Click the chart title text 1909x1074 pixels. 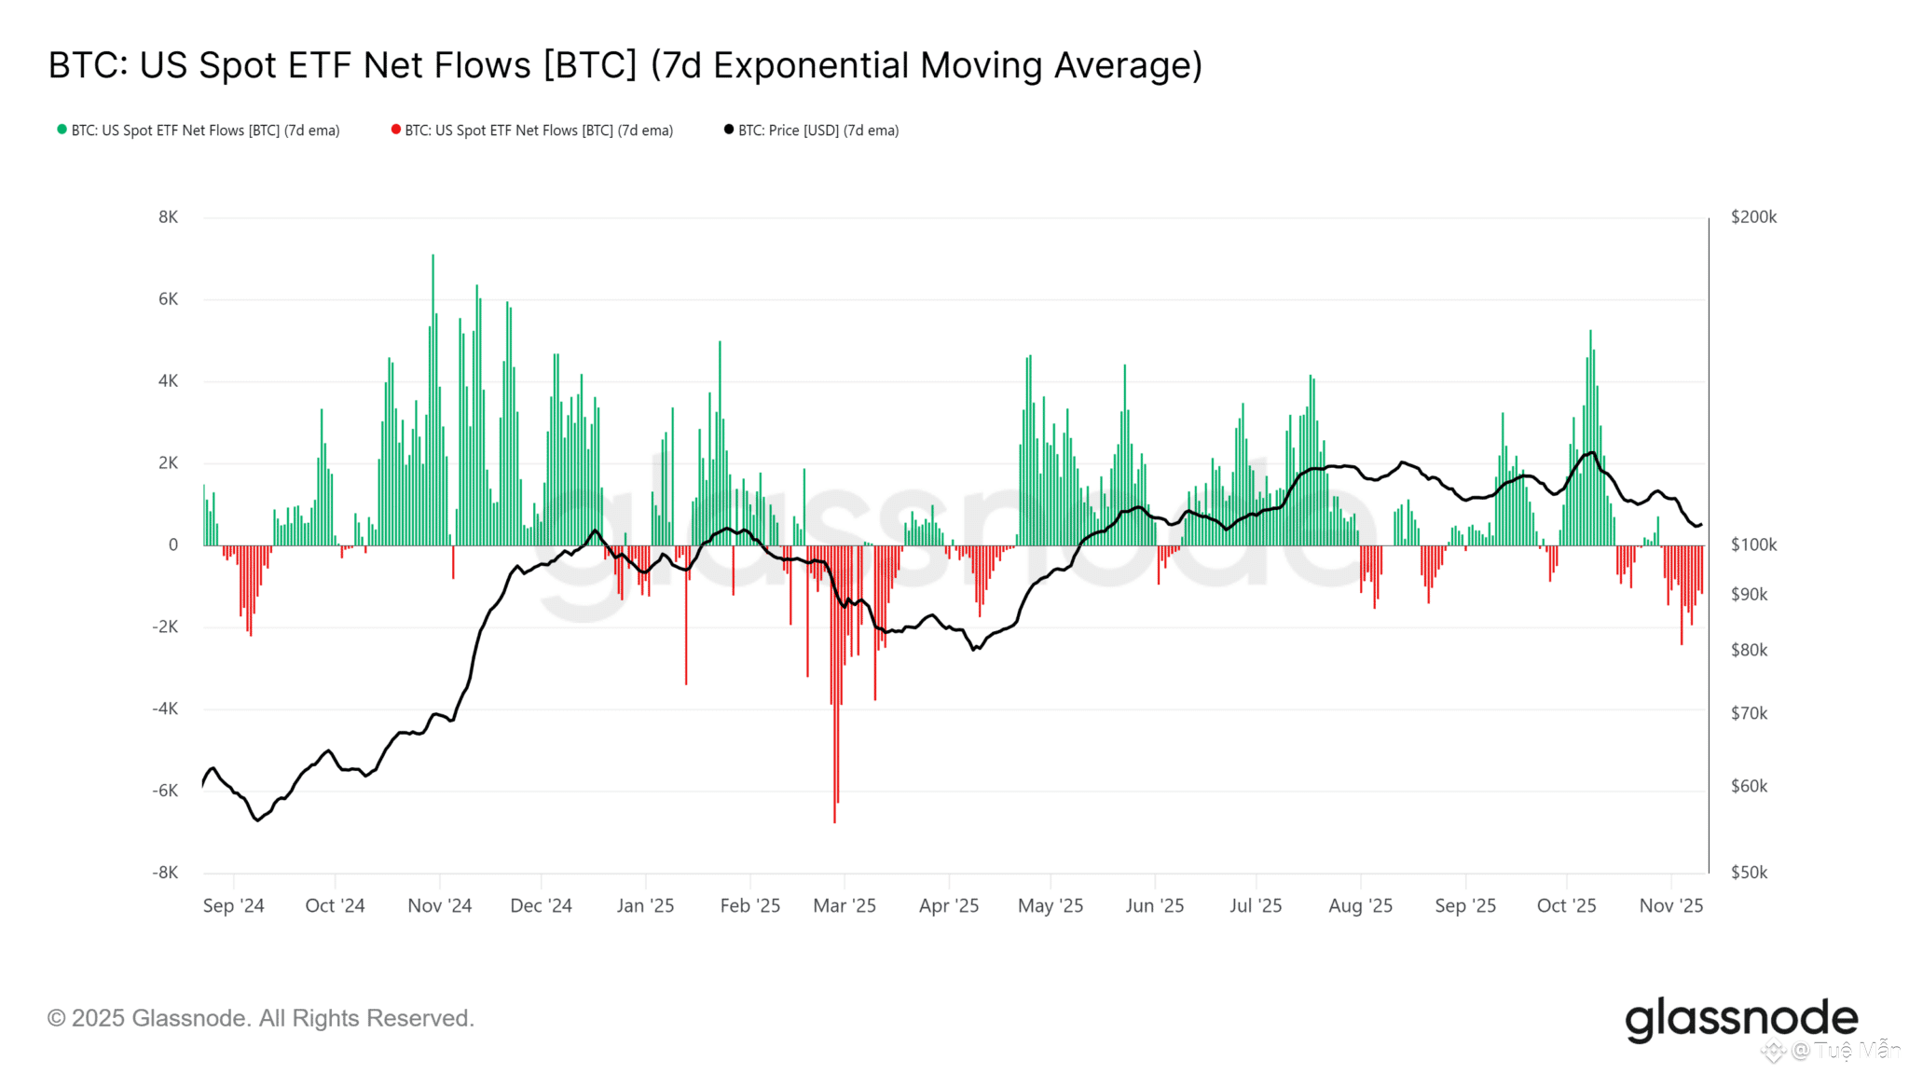625,65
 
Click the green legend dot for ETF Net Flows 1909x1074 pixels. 62,130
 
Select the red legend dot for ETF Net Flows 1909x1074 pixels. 396,130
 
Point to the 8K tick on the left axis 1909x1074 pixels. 168,217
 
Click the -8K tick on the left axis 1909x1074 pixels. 165,873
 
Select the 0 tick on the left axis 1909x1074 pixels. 172,545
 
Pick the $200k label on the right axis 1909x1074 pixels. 1753,217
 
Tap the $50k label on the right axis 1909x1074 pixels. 1749,873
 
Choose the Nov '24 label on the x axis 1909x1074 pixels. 440,905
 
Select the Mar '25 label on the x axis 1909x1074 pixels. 845,905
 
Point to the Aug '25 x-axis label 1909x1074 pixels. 1360,905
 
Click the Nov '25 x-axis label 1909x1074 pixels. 1671,905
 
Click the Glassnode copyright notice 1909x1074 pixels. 261,1018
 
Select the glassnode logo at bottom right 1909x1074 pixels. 1741,1019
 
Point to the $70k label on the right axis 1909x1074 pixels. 1749,714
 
